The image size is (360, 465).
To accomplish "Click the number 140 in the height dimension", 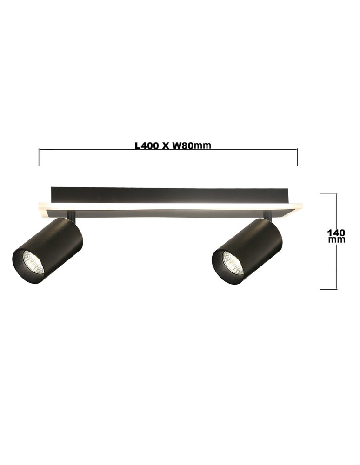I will pyautogui.click(x=336, y=232).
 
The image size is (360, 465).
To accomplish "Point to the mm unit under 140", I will pyautogui.click(x=336, y=240).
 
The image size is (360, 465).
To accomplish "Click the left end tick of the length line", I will pyautogui.click(x=39, y=157).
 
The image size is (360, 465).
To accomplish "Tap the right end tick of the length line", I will pyautogui.click(x=297, y=157).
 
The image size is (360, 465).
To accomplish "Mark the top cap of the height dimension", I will pyautogui.click(x=328, y=193).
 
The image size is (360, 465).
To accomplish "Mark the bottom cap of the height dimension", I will pyautogui.click(x=328, y=289).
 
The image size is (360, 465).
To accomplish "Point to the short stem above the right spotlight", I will pyautogui.click(x=267, y=215).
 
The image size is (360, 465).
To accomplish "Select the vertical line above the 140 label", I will pyautogui.click(x=336, y=209).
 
